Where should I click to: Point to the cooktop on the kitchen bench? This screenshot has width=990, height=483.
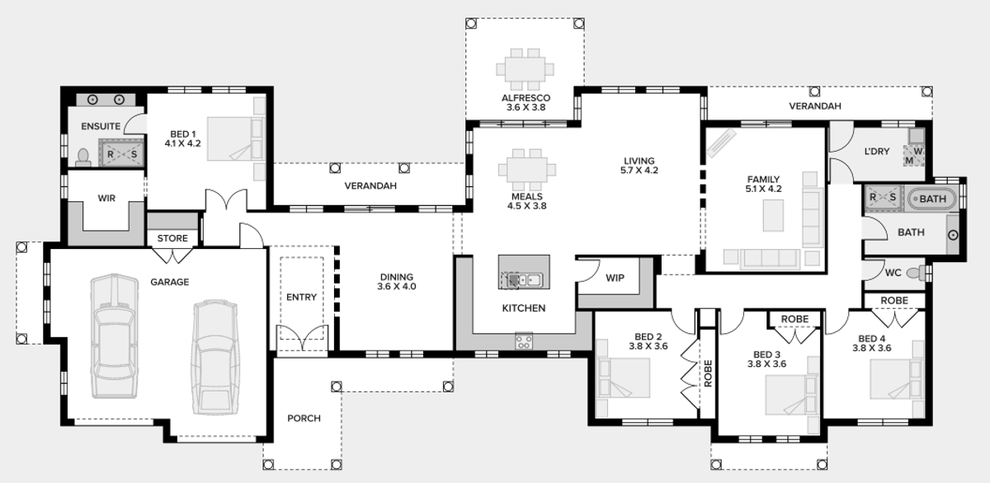click(x=524, y=340)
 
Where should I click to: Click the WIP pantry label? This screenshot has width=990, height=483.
click(x=615, y=279)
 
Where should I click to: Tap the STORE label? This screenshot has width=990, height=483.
click(x=172, y=239)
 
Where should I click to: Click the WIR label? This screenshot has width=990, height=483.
click(x=106, y=199)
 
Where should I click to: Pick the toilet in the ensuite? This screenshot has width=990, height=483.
click(x=82, y=157)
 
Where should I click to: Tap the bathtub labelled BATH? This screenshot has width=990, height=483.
click(x=932, y=199)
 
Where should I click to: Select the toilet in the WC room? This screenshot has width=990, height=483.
click(x=914, y=272)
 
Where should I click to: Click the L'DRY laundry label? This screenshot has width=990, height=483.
click(x=876, y=152)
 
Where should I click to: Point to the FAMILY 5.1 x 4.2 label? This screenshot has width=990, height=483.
click(x=763, y=184)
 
